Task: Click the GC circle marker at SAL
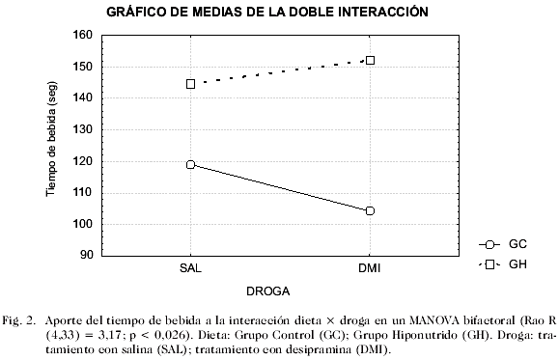pos(191,164)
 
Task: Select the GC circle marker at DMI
pos(370,210)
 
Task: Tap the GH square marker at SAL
pos(191,84)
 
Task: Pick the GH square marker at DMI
pos(370,60)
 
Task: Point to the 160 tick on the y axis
pos(82,35)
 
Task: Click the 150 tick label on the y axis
pos(82,67)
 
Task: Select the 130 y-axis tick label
pos(82,129)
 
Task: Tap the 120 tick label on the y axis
pos(82,161)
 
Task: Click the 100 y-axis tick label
pos(82,224)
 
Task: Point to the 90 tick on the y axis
pos(85,256)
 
